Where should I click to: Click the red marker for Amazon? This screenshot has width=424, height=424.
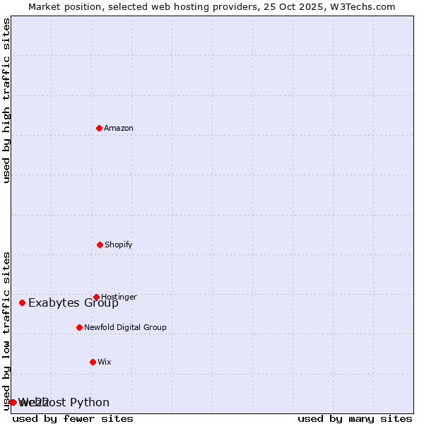pyautogui.click(x=100, y=128)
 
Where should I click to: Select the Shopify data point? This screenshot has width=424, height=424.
pyautogui.click(x=100, y=245)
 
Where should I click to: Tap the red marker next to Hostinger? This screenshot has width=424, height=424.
pyautogui.click(x=96, y=297)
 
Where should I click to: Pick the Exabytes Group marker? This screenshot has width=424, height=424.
pyautogui.click(x=22, y=302)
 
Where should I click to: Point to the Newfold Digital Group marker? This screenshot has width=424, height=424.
pyautogui.click(x=79, y=327)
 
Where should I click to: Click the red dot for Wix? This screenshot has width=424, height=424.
pyautogui.click(x=93, y=362)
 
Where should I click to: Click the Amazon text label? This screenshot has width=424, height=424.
pyautogui.click(x=119, y=128)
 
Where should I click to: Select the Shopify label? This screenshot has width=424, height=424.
pyautogui.click(x=119, y=245)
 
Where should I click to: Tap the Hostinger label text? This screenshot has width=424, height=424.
pyautogui.click(x=119, y=297)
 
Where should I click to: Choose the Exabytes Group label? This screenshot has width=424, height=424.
pyautogui.click(x=73, y=303)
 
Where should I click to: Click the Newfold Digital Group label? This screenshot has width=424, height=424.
pyautogui.click(x=125, y=327)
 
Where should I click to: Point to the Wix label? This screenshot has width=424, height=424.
pyautogui.click(x=105, y=362)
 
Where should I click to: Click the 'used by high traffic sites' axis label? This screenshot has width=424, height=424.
pyautogui.click(x=7, y=100)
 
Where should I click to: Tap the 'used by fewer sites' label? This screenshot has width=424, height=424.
pyautogui.click(x=73, y=418)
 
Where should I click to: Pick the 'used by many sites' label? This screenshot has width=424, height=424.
pyautogui.click(x=355, y=418)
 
